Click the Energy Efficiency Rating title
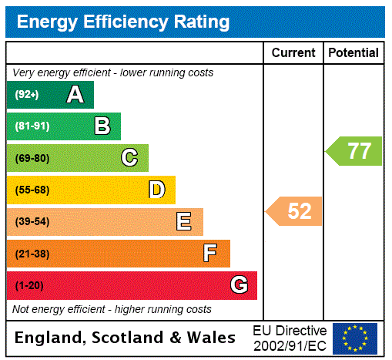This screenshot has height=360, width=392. click(123, 22)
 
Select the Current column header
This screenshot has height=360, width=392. click(293, 53)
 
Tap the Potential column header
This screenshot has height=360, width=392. click(353, 53)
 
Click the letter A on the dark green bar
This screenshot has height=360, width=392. click(75, 95)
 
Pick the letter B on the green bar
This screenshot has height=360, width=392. click(102, 126)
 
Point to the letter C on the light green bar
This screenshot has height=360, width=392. click(129, 158)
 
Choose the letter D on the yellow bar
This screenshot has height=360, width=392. click(156, 190)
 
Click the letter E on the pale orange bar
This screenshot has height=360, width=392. click(184, 222)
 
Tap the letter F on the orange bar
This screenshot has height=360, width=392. click(210, 254)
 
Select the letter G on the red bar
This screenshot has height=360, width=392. click(239, 285)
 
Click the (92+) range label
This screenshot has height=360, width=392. click(27, 95)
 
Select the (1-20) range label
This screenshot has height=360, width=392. click(29, 285)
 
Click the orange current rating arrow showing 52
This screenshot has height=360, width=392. click(295, 211)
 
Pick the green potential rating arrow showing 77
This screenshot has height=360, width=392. click(355, 150)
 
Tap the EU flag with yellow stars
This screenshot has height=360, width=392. click(355, 338)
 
